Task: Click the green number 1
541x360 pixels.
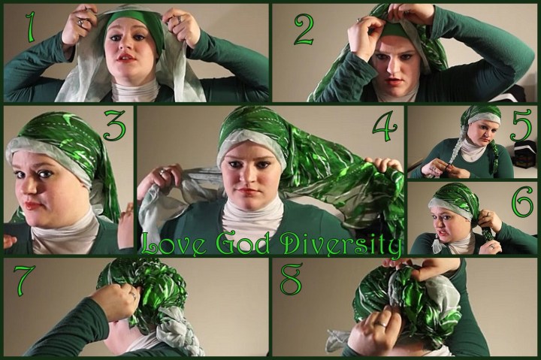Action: point(31,27)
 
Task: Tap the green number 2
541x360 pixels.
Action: point(304,29)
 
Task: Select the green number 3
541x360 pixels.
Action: point(115,126)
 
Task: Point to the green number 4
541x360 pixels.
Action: point(385,126)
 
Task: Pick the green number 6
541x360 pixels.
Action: point(522,201)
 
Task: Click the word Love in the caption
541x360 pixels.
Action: point(174,244)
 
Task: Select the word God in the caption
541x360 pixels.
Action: point(243,244)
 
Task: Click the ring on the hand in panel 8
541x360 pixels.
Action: point(381,324)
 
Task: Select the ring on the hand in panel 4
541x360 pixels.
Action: point(162,171)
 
